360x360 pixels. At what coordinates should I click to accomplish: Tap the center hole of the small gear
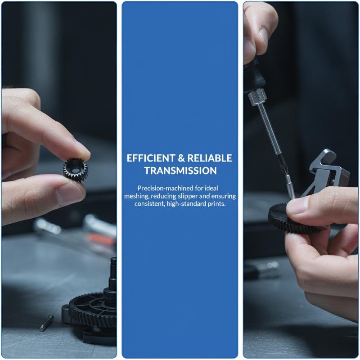click(x=75, y=171)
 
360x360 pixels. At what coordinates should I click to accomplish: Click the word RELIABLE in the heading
click(x=210, y=158)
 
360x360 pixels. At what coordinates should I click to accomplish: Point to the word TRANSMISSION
click(x=180, y=171)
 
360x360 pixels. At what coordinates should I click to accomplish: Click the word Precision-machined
click(x=165, y=188)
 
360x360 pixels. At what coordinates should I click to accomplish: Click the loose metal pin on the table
click(x=47, y=323)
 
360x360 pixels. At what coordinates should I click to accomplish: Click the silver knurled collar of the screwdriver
click(x=257, y=97)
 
